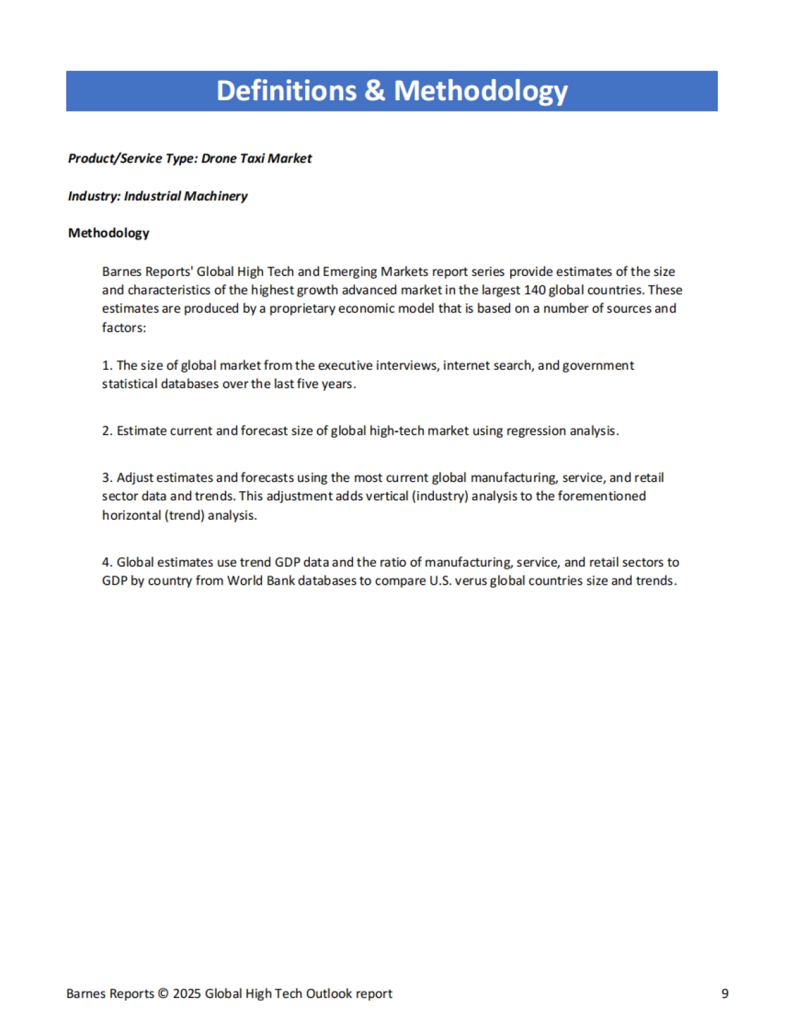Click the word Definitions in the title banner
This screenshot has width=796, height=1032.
pos(286,91)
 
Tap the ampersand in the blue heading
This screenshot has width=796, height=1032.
pos(375,91)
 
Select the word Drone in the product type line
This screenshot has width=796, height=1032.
pos(218,159)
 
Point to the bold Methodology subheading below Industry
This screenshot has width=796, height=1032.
pos(108,233)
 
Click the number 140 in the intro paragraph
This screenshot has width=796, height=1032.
pos(535,290)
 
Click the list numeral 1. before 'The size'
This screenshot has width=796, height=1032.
pos(107,366)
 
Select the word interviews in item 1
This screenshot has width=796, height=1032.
pos(407,366)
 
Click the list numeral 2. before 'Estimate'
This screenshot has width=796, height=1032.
pos(107,431)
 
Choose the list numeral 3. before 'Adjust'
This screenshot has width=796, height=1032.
pos(107,478)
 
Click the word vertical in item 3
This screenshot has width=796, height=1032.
pos(387,496)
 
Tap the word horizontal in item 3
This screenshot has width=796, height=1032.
pos(131,516)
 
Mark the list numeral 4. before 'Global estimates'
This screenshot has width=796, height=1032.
pos(107,563)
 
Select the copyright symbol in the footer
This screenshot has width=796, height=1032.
pos(163,994)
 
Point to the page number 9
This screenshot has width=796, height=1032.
pos(725,994)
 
